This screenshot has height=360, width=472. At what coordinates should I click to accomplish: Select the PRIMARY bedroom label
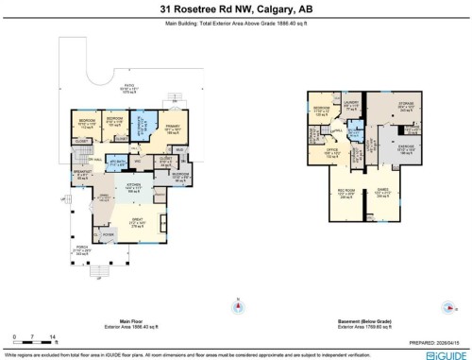tap(172, 126)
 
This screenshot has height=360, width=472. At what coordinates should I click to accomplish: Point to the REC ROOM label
tap(345, 194)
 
